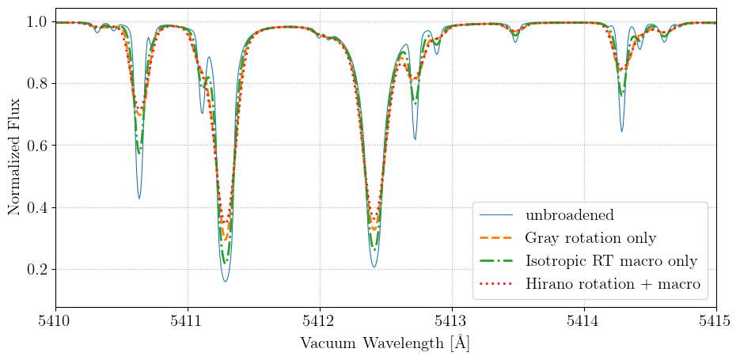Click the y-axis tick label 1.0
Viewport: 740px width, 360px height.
pos(36,22)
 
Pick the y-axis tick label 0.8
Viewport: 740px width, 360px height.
pos(36,84)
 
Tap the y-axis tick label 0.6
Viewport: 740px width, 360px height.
pos(36,146)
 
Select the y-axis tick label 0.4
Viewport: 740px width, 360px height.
pos(36,208)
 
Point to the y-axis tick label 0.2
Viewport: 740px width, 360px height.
pos(36,270)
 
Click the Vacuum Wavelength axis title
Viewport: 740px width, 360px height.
pos(385,343)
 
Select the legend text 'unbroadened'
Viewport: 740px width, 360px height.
pos(569,215)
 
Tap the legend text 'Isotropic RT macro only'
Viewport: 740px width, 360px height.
pos(610,261)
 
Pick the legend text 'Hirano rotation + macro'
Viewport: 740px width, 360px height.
pos(613,284)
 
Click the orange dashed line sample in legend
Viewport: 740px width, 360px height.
pos(498,238)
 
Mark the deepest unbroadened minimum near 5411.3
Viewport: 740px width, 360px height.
pos(226,282)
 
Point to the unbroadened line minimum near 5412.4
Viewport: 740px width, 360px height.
pos(374,267)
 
